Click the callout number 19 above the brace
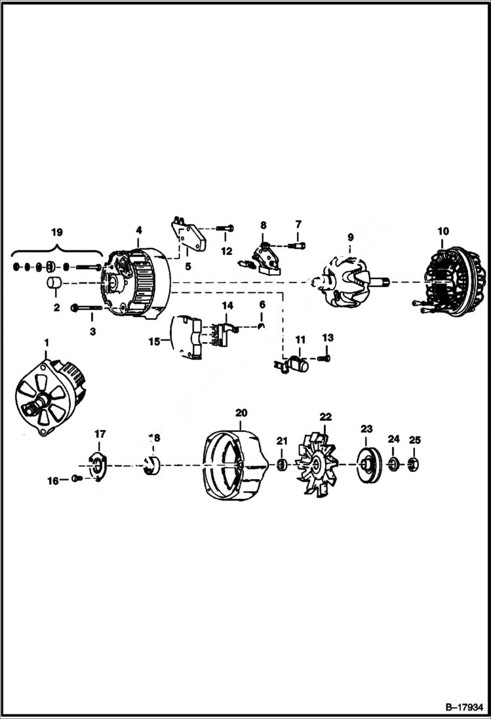click(57, 232)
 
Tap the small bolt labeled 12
click(223, 229)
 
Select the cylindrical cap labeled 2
click(54, 284)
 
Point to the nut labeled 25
click(414, 465)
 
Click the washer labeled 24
click(393, 465)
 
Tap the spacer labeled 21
click(281, 465)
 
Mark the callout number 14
click(227, 305)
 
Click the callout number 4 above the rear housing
click(138, 231)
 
